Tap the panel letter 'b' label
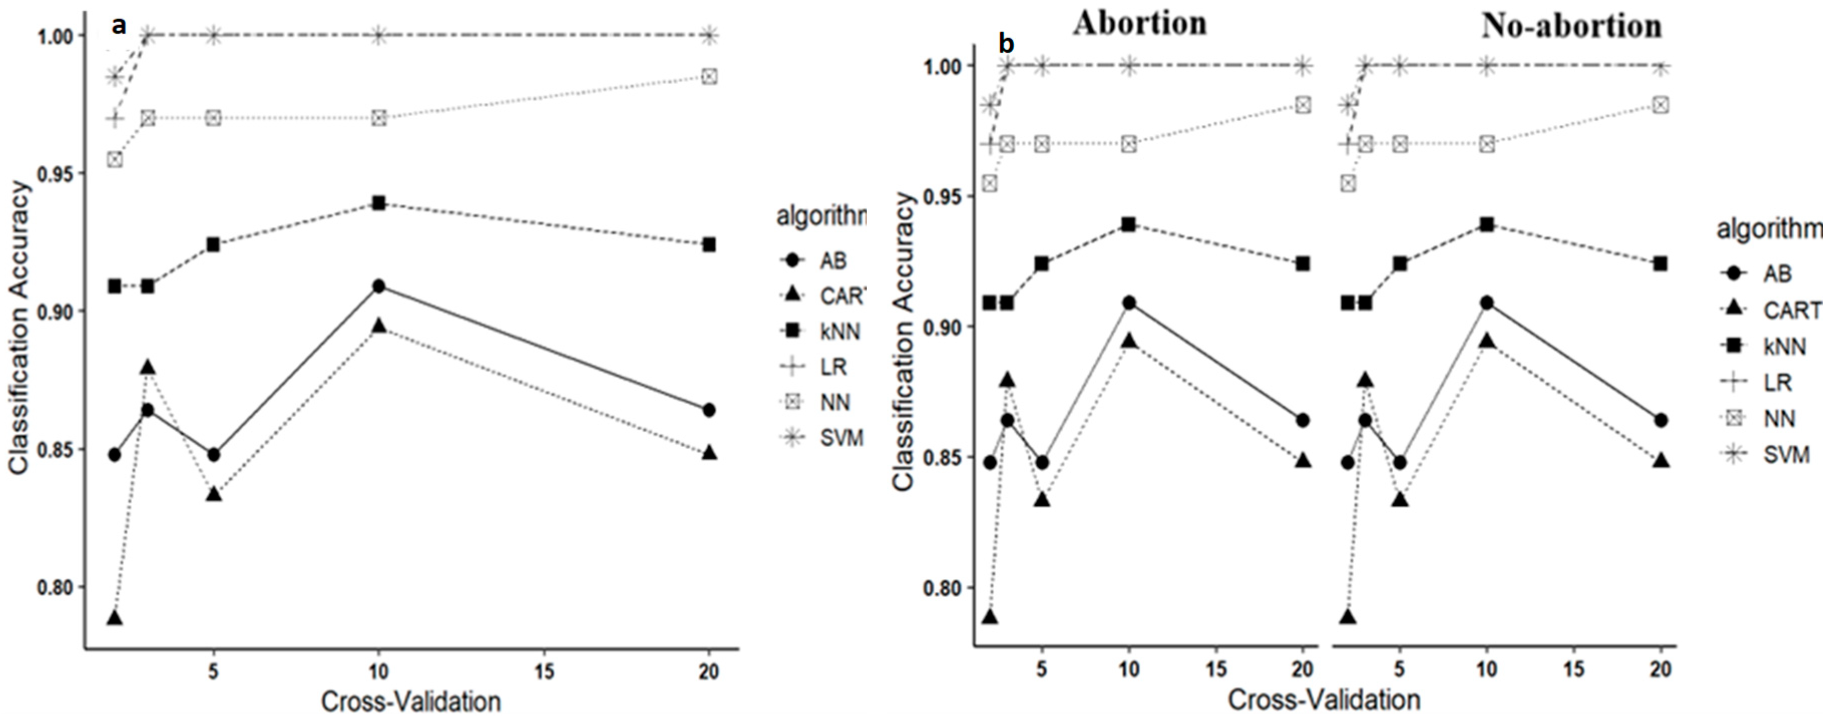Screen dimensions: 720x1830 [1006, 44]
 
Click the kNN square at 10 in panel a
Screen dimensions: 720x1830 [378, 204]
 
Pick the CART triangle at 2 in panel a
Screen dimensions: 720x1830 [114, 618]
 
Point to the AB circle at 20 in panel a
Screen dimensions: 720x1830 [708, 410]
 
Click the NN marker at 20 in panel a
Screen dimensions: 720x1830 [708, 76]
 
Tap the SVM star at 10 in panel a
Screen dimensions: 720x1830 [378, 35]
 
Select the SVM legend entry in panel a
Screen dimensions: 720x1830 [824, 438]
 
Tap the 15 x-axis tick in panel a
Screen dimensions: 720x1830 [543, 671]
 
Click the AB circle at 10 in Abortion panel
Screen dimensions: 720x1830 [1129, 303]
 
